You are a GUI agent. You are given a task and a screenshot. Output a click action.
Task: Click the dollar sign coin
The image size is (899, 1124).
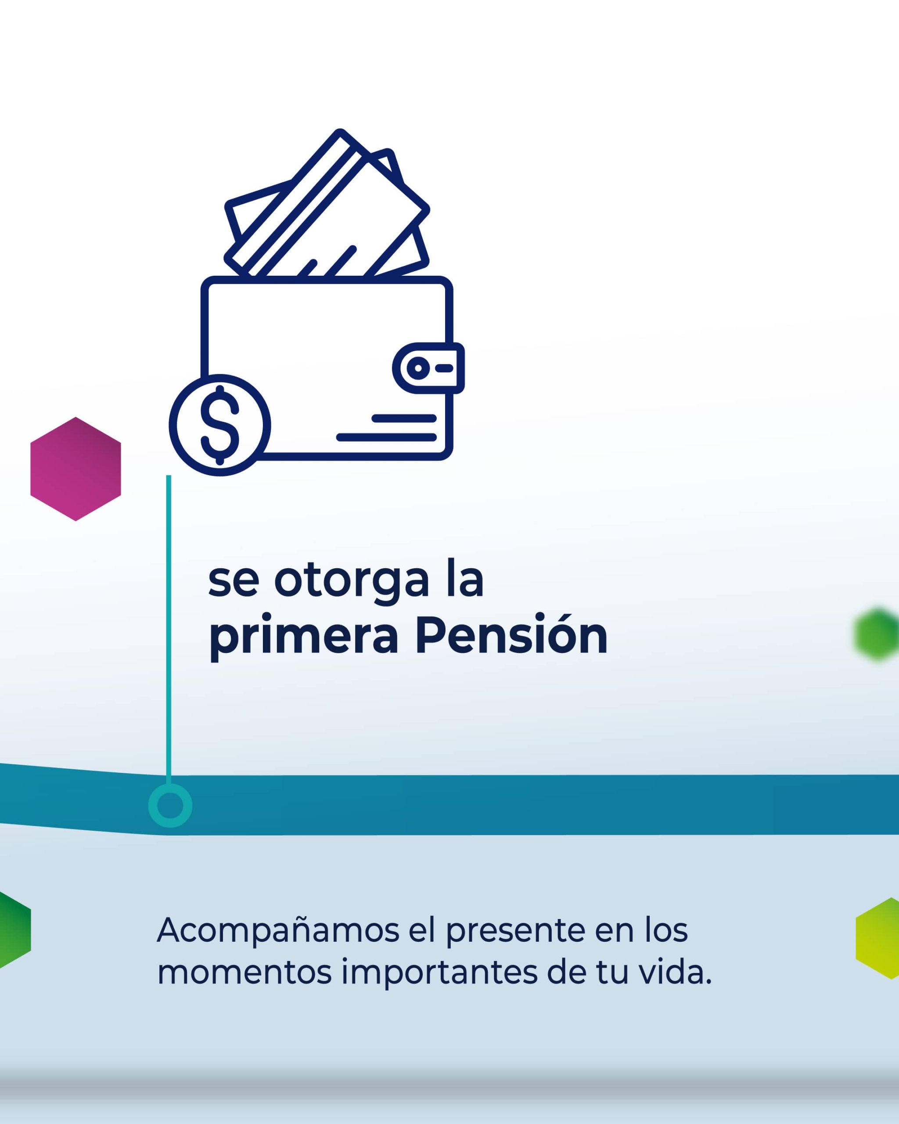(220, 425)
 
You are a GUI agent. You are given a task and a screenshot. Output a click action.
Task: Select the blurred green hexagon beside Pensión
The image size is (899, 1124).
(877, 634)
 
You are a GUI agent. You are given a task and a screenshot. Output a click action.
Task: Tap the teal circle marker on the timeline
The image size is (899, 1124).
(170, 806)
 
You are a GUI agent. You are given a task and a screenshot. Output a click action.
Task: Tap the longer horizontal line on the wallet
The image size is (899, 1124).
(386, 437)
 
